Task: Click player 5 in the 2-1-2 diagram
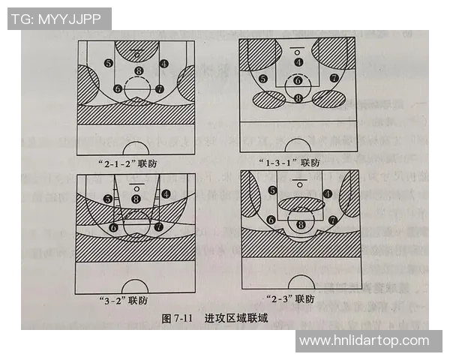[109, 64]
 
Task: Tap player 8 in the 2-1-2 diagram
[138, 71]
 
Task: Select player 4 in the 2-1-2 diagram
[163, 64]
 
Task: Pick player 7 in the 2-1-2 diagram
[159, 88]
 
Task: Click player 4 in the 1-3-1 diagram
[298, 62]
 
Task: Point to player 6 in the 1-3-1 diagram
[298, 80]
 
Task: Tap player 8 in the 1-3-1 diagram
[298, 97]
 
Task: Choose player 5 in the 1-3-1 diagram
[262, 79]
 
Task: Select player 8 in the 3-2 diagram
[135, 199]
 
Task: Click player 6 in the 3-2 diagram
[114, 226]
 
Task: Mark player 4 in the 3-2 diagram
[166, 193]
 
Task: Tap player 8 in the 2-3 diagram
[301, 223]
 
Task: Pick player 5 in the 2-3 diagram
[272, 191]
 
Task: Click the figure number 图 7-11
[178, 318]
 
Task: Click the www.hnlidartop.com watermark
[364, 341]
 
